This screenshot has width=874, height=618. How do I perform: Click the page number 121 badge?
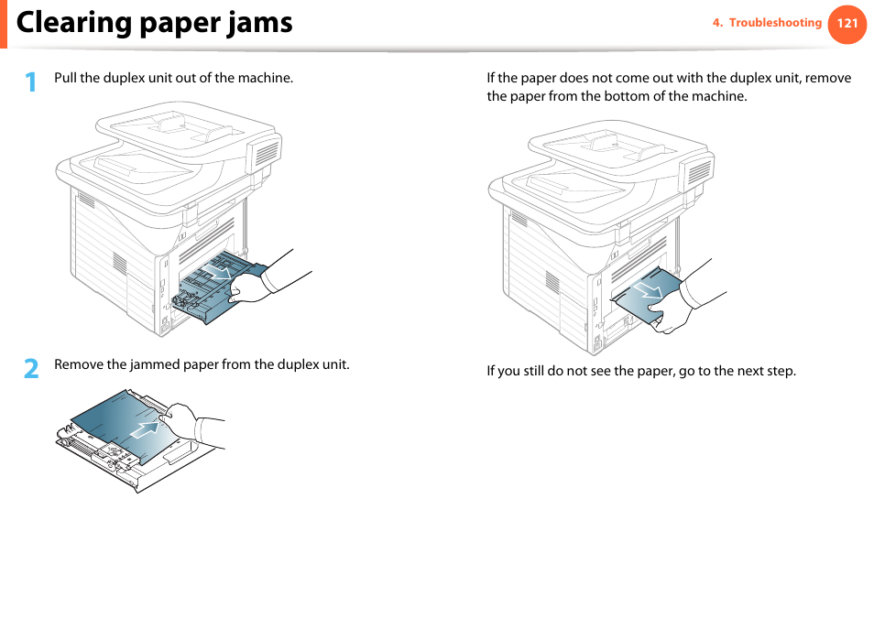847,23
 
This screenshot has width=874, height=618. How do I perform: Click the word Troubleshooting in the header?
775,23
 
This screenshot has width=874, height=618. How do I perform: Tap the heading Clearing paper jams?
155,22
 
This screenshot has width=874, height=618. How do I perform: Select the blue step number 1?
31,82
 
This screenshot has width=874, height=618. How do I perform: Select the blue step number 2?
31,368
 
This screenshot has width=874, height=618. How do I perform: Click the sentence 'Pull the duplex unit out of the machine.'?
173,78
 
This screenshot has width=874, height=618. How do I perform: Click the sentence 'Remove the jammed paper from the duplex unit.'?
202,364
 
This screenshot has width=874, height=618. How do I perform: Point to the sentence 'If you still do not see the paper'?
640,371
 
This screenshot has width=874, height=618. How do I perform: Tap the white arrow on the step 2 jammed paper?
143,428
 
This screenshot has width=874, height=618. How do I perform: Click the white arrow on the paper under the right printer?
649,290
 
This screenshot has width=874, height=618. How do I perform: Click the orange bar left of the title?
3,23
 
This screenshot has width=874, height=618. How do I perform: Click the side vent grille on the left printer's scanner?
265,153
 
